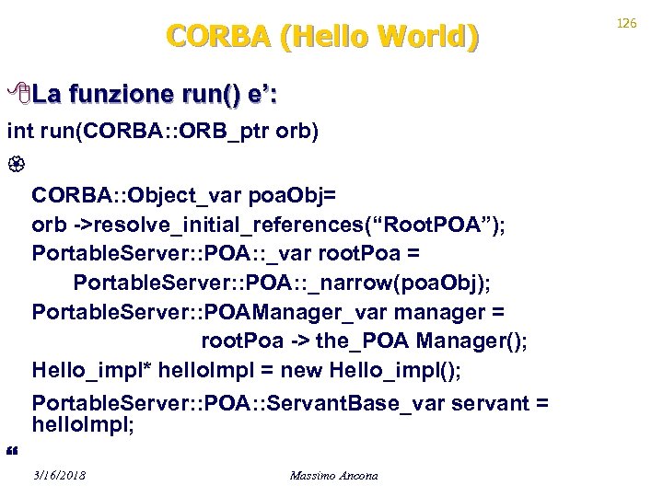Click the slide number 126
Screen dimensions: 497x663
(x=626, y=22)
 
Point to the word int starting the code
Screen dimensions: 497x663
(x=19, y=133)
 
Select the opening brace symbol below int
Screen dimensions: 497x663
(x=11, y=165)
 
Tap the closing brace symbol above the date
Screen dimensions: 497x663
(x=11, y=449)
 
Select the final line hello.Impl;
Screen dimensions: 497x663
(x=83, y=425)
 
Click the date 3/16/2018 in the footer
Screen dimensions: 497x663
(x=59, y=476)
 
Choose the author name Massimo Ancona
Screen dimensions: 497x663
(x=333, y=476)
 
